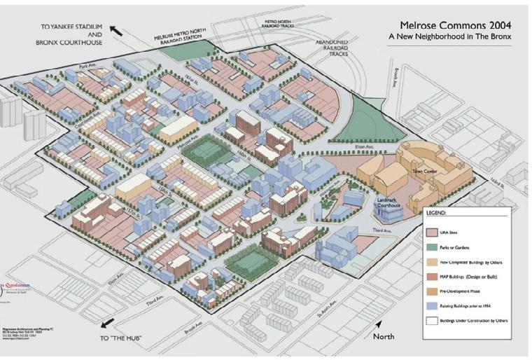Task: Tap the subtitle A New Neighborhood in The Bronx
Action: coord(450,36)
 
